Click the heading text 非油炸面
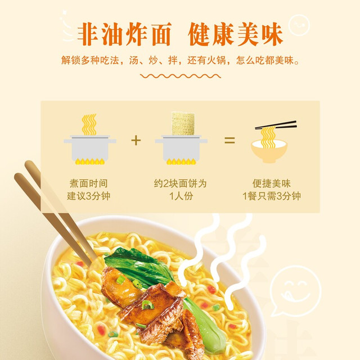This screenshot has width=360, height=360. click(x=124, y=34)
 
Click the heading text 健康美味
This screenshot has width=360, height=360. click(x=235, y=34)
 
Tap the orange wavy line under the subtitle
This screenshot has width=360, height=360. click(x=181, y=76)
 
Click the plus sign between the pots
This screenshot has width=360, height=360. click(x=136, y=140)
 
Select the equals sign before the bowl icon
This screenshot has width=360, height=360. click(x=229, y=140)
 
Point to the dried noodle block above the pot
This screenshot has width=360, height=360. click(x=183, y=124)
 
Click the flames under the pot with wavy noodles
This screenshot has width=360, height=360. click(x=90, y=161)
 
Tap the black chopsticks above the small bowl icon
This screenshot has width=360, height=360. click(x=276, y=125)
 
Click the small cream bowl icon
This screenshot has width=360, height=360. click(x=269, y=151)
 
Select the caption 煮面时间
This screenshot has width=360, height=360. click(x=89, y=183)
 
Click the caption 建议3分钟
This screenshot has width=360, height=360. click(x=89, y=196)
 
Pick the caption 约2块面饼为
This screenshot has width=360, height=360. click(x=180, y=183)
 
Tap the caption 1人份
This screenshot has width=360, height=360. click(x=181, y=196)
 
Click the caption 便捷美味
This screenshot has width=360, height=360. click(x=272, y=183)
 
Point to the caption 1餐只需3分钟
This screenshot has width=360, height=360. click(x=272, y=196)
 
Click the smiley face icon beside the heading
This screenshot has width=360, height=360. click(x=299, y=25)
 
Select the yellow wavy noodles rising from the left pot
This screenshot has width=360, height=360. click(x=89, y=124)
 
